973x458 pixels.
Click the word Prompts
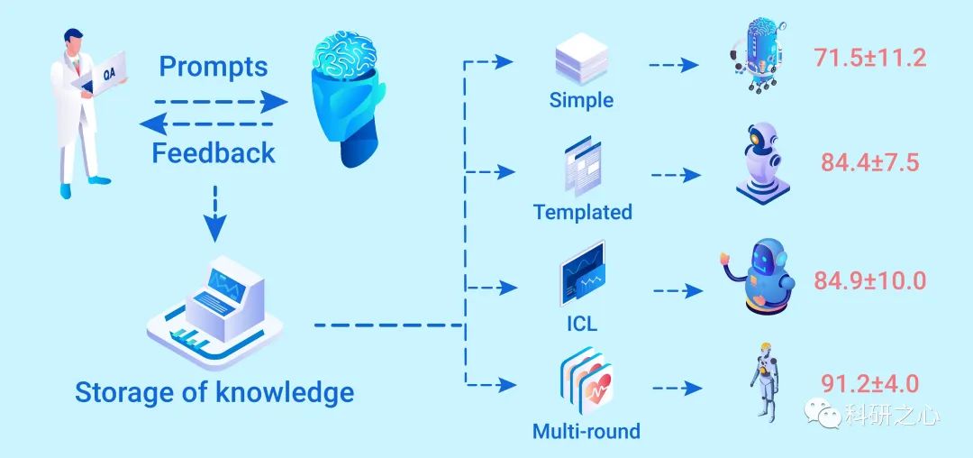pos(214,67)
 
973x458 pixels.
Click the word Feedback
pos(214,152)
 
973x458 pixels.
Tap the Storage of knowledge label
pos(214,392)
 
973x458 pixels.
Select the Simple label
pos(581,99)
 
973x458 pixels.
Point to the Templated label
pos(583,212)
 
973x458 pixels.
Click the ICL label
pos(582,323)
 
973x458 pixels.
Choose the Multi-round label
pos(587,430)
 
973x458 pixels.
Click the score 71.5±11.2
pos(870,59)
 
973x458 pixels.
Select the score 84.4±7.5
pos(869,162)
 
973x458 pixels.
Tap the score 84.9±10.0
pos(870,280)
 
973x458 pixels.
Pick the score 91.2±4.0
pos(870,383)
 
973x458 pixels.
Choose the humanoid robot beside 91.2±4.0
pos(764,380)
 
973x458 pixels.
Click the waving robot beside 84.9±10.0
pos(760,276)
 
